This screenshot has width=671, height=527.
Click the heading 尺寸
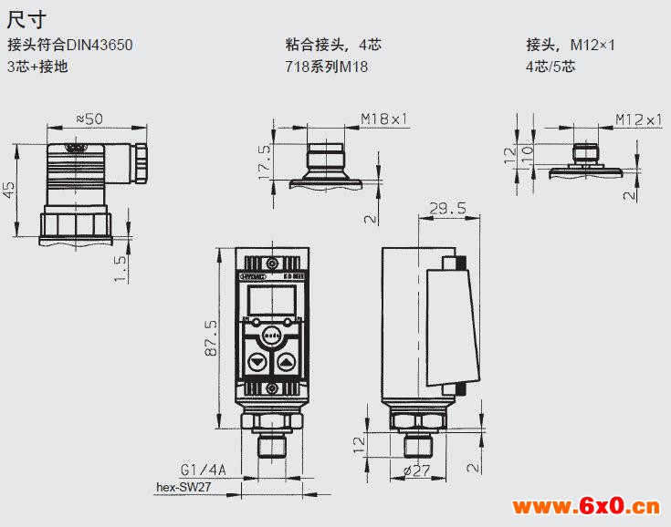(25, 18)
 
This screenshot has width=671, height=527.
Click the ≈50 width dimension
(89, 118)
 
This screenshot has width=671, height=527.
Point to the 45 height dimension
(9, 189)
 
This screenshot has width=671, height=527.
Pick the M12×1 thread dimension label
(638, 119)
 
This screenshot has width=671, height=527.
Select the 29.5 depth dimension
(447, 209)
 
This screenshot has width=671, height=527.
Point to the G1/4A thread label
(203, 470)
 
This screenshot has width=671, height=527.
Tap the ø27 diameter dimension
(416, 470)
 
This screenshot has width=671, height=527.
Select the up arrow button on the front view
(288, 362)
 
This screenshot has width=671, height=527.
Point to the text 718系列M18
(327, 66)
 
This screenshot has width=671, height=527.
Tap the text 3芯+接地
(37, 66)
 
